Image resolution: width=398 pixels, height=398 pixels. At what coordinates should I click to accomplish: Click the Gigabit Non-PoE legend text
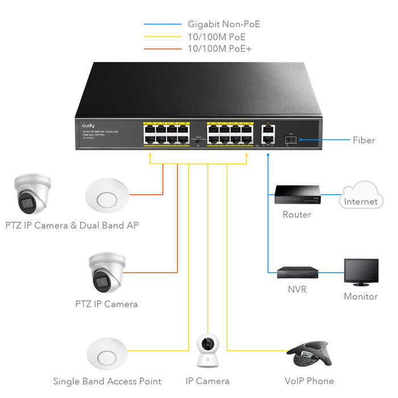pyautogui.click(x=223, y=24)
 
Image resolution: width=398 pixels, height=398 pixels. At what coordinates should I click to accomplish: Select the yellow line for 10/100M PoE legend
pyautogui.click(x=163, y=36)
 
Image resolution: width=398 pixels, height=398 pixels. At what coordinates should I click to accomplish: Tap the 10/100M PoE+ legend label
pyautogui.click(x=219, y=49)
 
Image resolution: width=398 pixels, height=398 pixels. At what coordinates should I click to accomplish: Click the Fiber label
pyautogui.click(x=363, y=140)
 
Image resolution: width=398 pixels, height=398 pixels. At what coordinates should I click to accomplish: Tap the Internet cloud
pyautogui.click(x=360, y=196)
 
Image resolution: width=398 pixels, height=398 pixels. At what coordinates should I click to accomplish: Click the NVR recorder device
pyautogui.click(x=297, y=272)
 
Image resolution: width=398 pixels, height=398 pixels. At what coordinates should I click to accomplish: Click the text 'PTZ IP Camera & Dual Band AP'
pyautogui.click(x=72, y=225)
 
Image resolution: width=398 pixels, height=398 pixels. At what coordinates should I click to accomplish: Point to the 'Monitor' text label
pyautogui.click(x=360, y=296)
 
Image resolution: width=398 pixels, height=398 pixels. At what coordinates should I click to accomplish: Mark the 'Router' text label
pyautogui.click(x=297, y=214)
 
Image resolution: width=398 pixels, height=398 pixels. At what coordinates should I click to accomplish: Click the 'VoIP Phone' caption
pyautogui.click(x=309, y=381)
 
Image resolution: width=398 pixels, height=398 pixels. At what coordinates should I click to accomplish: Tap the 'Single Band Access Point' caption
pyautogui.click(x=107, y=382)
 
